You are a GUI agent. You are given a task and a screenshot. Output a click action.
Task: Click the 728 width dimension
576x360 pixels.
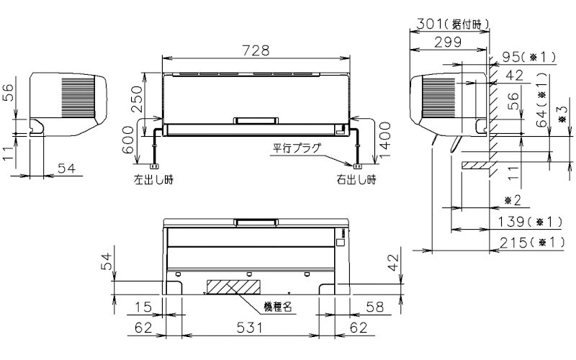click(x=256, y=50)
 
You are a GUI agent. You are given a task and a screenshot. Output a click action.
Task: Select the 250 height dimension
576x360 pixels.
click(x=137, y=99)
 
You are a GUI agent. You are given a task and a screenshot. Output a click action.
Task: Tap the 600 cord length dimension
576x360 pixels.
click(x=127, y=140)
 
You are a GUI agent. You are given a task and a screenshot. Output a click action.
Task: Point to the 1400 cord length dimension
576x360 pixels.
click(x=385, y=140)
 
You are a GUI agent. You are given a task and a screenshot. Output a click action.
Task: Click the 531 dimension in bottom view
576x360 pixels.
click(x=249, y=328)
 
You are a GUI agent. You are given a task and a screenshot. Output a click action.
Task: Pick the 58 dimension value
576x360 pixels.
click(x=374, y=307)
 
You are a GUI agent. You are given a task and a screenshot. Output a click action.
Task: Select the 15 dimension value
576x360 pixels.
click(x=143, y=307)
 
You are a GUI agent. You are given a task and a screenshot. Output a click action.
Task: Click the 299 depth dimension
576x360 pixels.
click(x=448, y=42)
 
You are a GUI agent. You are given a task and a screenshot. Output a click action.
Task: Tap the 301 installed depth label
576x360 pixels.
click(x=453, y=24)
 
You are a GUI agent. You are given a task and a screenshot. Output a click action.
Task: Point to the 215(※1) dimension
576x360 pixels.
click(x=531, y=243)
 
